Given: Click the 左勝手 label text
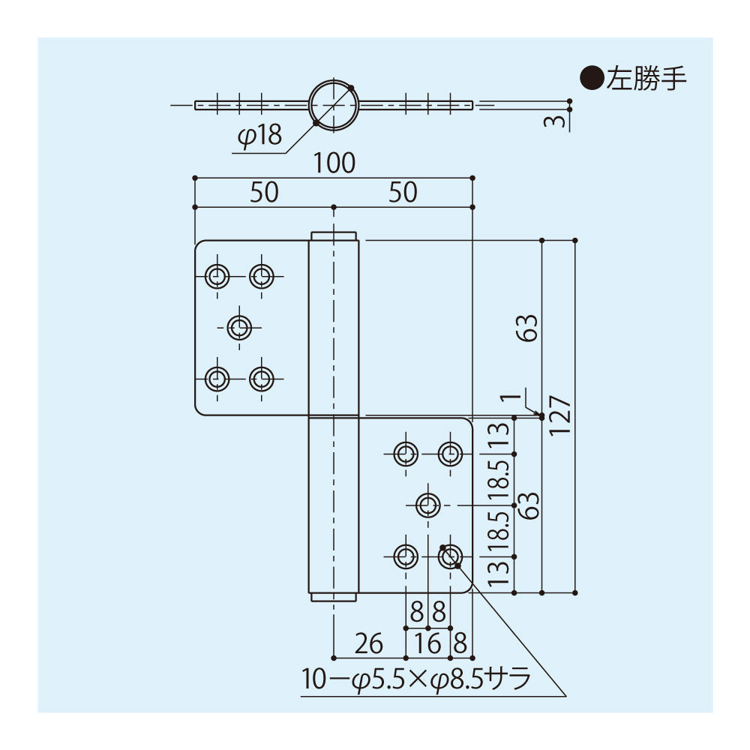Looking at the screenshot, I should (646, 79).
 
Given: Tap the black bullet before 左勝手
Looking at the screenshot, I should (593, 79).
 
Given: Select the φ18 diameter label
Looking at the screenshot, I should (259, 136).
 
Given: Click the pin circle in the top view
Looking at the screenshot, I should (334, 105).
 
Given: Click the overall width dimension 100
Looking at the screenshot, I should (334, 163).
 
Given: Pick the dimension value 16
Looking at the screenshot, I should (427, 643).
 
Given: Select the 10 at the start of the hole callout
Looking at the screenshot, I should (315, 679).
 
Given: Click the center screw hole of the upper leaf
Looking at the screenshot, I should (240, 327).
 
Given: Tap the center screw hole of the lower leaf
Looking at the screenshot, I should (428, 505).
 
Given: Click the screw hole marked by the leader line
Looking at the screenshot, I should (450, 556).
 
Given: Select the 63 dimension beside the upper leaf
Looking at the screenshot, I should (529, 328).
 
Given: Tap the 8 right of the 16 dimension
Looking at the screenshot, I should (460, 643).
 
